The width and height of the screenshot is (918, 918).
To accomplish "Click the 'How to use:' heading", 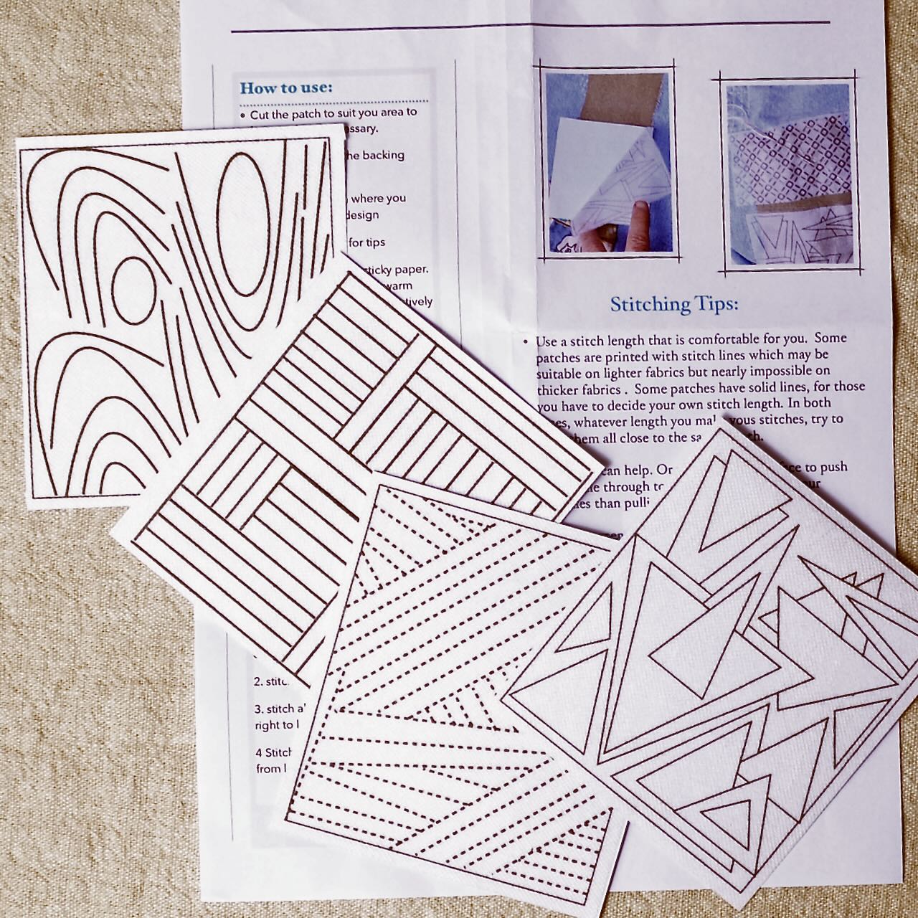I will click(286, 88).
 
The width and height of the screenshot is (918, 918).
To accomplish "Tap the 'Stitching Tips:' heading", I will click(673, 304).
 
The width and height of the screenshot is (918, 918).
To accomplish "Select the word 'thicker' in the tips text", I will click(559, 388).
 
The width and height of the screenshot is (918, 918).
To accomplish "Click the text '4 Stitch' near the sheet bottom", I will click(273, 753).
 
